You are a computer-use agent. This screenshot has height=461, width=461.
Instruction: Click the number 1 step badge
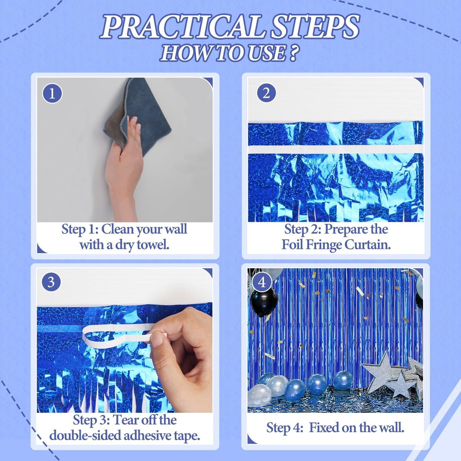(52, 93)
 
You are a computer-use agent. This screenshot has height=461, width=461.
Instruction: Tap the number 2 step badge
(266, 93)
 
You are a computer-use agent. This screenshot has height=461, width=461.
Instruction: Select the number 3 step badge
(51, 282)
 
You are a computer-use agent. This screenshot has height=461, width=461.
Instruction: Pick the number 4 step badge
(262, 282)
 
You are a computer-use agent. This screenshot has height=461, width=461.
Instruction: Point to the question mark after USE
(294, 53)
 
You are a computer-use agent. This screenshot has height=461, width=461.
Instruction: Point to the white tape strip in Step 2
(335, 149)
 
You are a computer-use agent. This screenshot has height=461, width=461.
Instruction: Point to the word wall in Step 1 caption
(175, 229)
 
